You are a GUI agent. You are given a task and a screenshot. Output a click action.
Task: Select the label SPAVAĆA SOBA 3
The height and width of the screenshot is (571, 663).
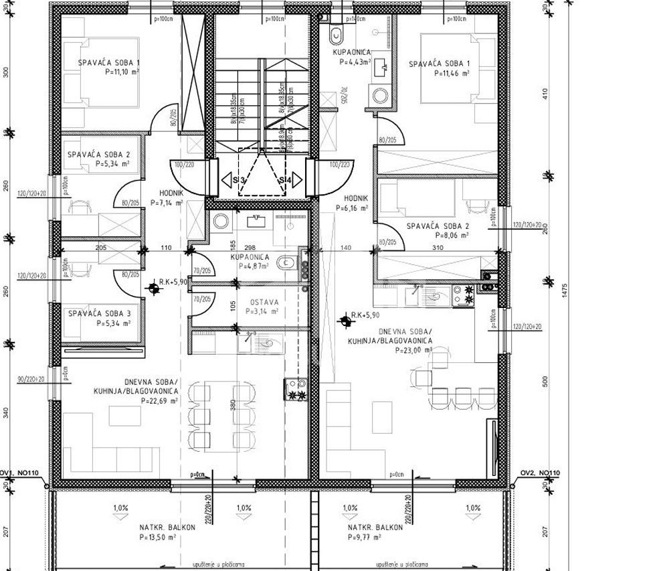99,313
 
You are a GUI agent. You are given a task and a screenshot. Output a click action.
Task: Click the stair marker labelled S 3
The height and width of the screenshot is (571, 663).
239,179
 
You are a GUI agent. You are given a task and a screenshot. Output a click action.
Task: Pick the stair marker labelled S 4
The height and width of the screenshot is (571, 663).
284,179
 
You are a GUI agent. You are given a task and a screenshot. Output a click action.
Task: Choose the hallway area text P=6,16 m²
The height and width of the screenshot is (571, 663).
353,208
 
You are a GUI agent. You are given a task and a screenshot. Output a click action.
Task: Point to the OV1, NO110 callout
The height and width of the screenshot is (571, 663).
20,473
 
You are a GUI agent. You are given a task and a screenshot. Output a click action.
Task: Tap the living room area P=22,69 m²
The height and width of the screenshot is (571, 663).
159,400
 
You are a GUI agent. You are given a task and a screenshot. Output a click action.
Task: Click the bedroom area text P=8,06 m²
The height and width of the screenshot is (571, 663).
452,235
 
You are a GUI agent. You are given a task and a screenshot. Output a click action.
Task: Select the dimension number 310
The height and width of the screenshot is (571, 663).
437,248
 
